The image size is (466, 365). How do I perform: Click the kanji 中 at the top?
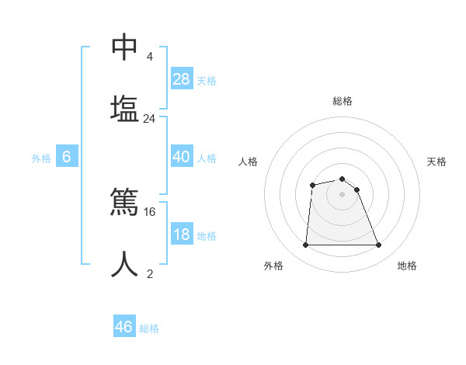click(x=124, y=47)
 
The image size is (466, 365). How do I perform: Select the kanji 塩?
click(x=124, y=107)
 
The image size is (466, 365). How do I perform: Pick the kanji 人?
click(x=124, y=264)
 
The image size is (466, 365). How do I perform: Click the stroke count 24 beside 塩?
click(x=150, y=119)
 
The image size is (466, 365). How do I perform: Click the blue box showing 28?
click(x=182, y=79)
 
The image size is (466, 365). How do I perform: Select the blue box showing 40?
click(x=182, y=157)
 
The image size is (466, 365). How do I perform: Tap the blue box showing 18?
click(x=182, y=235)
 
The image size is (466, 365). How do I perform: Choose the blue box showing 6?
click(x=67, y=157)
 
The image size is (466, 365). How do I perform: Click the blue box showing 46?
click(x=124, y=327)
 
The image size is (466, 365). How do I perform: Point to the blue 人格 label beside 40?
click(x=207, y=158)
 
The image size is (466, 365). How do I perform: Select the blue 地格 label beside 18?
click(x=207, y=236)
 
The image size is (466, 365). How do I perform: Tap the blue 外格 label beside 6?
click(x=41, y=158)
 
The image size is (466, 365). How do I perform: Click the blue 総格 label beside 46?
click(x=149, y=328)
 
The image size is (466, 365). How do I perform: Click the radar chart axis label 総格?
click(x=343, y=101)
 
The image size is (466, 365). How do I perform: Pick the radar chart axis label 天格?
click(x=437, y=162)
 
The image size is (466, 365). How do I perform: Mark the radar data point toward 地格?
click(x=379, y=245)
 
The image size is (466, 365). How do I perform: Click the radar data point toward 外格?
click(x=305, y=245)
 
